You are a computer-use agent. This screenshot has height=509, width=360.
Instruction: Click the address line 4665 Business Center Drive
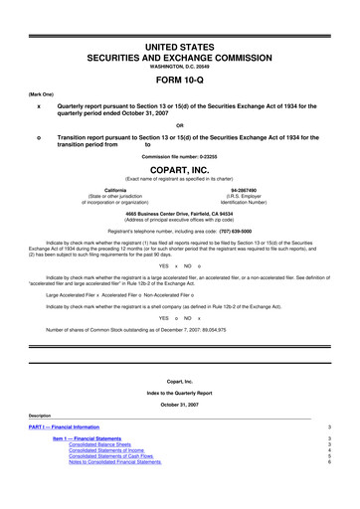tap(180, 215)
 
